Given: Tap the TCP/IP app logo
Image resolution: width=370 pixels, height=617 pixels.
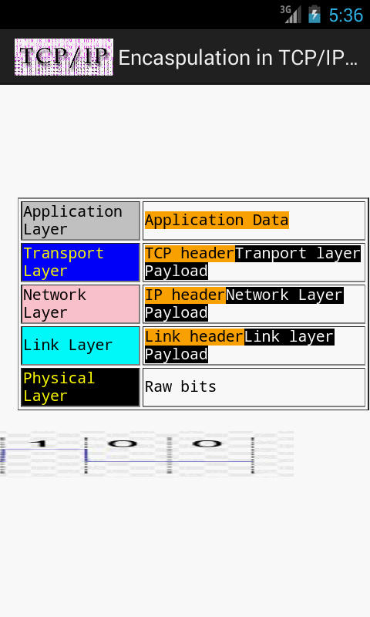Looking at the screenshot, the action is point(64,57).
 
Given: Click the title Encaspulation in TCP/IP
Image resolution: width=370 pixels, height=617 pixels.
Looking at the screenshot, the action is point(238,59).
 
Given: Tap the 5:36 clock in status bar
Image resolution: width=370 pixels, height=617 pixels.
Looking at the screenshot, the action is point(345,15).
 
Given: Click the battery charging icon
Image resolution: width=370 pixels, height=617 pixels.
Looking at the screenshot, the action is point(314,15).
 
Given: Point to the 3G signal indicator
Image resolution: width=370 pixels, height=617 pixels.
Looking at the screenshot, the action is point(291,14).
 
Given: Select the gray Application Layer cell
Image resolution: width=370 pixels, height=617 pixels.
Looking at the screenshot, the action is point(81,221).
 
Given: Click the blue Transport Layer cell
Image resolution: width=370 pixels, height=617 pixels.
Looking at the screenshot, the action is point(81,262).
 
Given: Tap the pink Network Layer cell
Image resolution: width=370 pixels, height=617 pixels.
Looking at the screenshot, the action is point(81,304).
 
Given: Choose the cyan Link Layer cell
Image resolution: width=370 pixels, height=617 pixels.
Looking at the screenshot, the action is point(81,346).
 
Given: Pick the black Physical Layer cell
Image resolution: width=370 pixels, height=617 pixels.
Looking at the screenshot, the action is point(81,387).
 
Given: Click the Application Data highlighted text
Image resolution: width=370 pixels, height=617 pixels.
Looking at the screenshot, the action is point(217,220).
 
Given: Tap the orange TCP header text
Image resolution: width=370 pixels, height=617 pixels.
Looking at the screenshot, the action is point(190,254).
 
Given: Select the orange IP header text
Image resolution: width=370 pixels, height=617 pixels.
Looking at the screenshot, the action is point(185,295).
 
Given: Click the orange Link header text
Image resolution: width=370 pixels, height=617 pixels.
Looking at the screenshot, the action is point(194,337).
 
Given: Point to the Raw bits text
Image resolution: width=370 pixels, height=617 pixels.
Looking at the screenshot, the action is point(180,387).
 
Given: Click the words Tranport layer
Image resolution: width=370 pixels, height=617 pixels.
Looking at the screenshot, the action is point(298,254).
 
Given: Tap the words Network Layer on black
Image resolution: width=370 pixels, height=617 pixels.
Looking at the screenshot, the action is point(284,295).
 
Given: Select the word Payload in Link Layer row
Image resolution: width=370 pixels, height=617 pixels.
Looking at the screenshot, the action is point(177,354).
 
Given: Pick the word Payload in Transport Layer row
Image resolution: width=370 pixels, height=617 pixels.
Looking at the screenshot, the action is point(177,271).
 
